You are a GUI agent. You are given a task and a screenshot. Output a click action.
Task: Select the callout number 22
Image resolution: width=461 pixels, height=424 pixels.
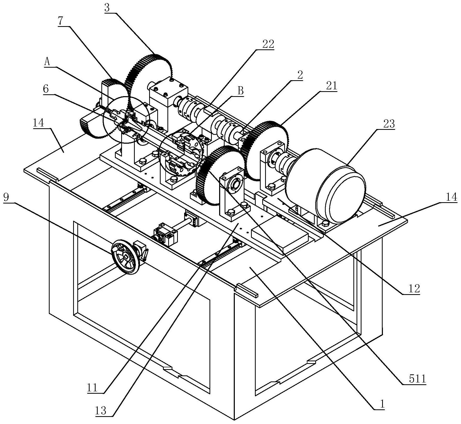(268, 44)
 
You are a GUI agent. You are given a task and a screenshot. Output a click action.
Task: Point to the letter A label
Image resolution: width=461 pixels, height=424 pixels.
(47, 62)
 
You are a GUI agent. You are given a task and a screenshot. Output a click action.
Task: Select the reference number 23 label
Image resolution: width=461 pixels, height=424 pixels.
(389, 124)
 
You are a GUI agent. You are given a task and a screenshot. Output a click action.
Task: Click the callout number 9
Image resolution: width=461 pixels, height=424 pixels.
(6, 197)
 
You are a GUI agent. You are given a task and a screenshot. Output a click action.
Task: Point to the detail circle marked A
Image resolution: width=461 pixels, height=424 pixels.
(126, 119)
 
